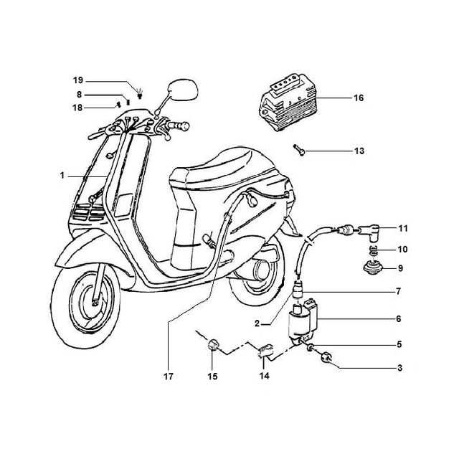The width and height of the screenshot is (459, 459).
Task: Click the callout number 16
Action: pos(359,98)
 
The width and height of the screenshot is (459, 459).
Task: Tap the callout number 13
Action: pos(359,151)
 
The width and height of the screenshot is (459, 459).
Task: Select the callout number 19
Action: pos(78,80)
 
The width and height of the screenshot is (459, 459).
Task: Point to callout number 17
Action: pos(169,377)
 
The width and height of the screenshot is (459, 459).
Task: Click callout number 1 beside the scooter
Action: pos(62,176)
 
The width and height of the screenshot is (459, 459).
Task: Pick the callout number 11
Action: pos(403,228)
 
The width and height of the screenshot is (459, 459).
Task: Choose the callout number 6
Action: pos(399,318)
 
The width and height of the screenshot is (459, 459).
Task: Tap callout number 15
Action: pos(213,377)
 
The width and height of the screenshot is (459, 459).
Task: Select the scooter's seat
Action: pos(222,170)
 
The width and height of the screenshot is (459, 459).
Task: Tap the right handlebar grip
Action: pos(178,126)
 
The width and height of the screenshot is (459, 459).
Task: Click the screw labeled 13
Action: pos(299,150)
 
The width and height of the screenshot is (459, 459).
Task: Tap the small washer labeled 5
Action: pos(311,347)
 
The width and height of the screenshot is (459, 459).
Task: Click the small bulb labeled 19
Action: pos(141,93)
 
